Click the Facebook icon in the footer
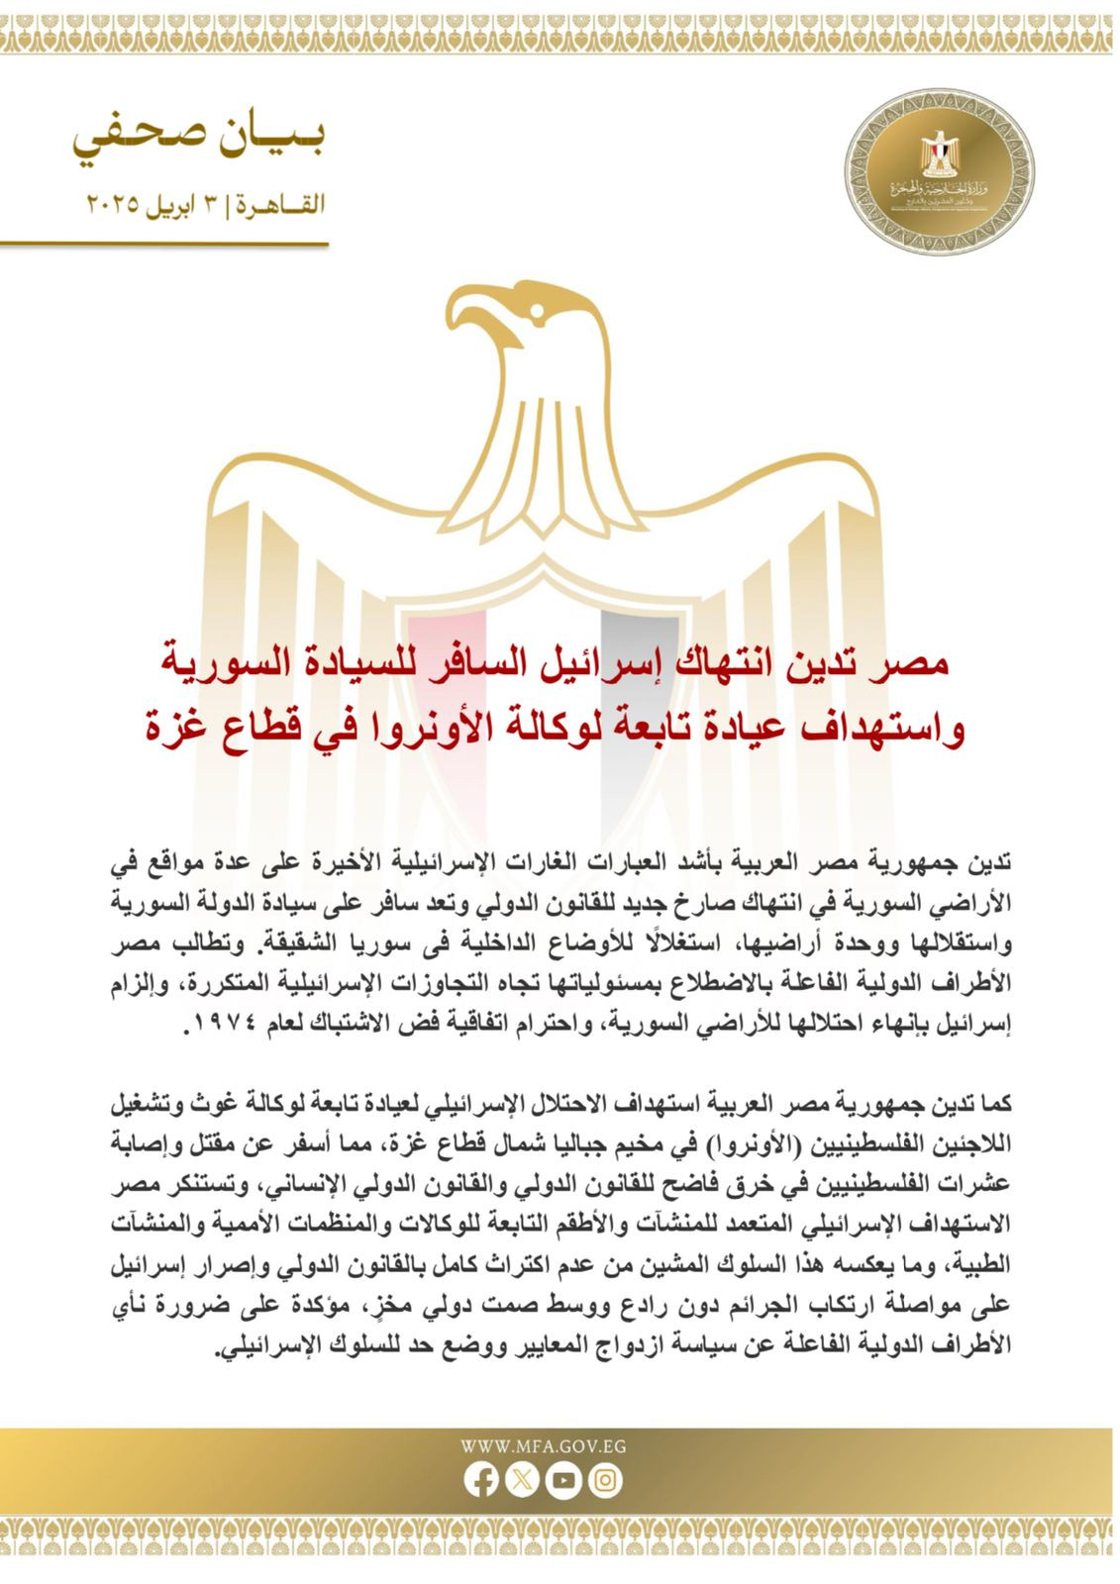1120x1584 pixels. [x=482, y=1479]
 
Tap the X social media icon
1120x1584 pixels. [x=523, y=1479]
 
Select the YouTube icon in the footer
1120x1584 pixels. [x=563, y=1479]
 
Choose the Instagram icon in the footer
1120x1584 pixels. [x=604, y=1479]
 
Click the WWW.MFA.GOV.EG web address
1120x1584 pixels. [x=543, y=1446]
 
